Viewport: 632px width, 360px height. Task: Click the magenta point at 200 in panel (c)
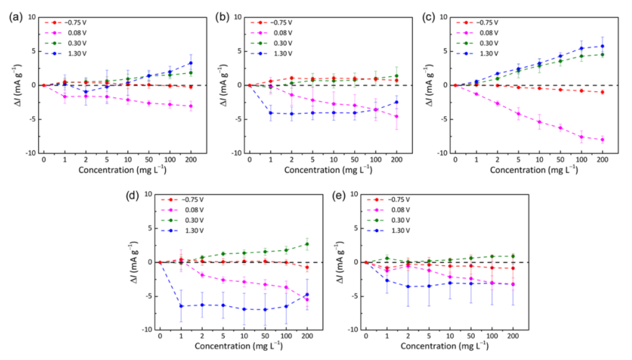tap(603, 139)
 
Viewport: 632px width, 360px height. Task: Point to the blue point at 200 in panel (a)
tap(191, 63)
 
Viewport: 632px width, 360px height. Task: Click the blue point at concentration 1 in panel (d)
tap(182, 306)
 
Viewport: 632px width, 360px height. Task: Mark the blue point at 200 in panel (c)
tap(603, 46)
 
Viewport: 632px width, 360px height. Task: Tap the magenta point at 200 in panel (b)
tap(396, 116)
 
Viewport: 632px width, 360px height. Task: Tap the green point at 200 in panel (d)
tap(307, 244)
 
